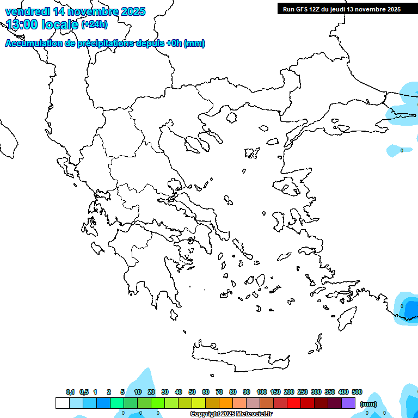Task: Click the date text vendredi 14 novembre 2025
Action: pos(75,11)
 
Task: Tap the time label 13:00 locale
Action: pos(42,24)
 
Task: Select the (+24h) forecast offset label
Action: pos(94,24)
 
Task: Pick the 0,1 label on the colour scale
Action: pos(70,392)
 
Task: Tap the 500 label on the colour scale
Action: pos(357,392)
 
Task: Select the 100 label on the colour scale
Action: pos(262,392)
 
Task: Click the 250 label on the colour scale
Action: pos(303,392)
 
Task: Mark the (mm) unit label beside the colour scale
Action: pos(368,404)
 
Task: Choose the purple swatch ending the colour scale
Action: pos(348,403)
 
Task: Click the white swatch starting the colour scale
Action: pos(62,403)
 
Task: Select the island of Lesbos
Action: pos(289,186)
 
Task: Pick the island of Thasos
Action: pos(231,117)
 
